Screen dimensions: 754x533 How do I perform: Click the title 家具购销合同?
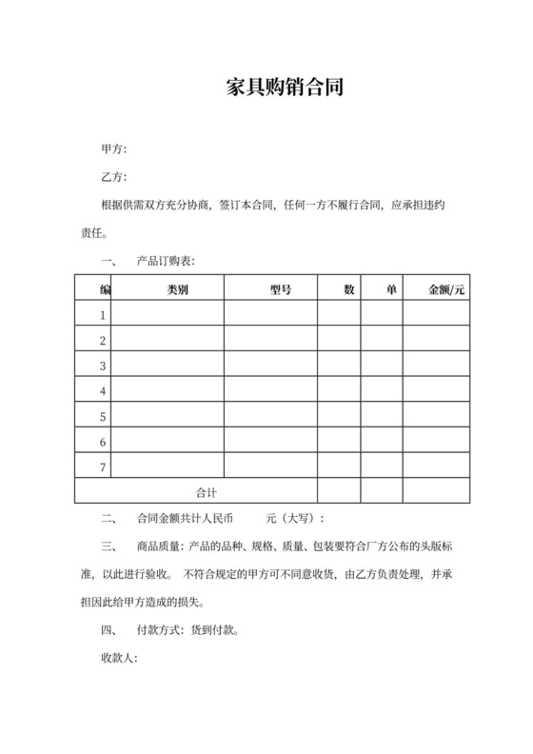(x=284, y=89)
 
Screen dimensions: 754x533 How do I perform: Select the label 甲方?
(x=113, y=150)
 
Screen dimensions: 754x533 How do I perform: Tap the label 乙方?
(x=113, y=178)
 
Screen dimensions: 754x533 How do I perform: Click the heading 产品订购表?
(x=167, y=260)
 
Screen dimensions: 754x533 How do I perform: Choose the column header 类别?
(x=177, y=288)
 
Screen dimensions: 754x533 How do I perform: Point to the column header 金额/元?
(x=447, y=288)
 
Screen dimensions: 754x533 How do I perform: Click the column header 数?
(x=349, y=288)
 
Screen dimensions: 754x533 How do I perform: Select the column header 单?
(x=391, y=288)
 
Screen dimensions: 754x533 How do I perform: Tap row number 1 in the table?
(x=103, y=314)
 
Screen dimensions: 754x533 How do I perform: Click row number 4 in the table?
(x=103, y=390)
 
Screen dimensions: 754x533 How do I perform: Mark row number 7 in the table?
(x=103, y=466)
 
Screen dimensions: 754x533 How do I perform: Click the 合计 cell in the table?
(x=207, y=491)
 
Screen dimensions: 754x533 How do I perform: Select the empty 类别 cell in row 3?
(x=168, y=365)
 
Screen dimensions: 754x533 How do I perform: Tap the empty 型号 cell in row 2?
(x=270, y=340)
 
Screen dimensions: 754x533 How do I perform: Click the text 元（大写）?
(x=295, y=519)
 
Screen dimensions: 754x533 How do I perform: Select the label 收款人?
(x=119, y=658)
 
